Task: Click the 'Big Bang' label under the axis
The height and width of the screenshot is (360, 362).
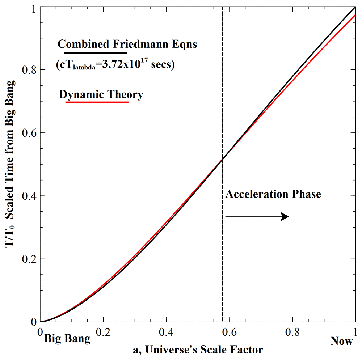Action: (x=67, y=340)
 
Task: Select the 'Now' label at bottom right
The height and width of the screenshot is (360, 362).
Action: (x=341, y=341)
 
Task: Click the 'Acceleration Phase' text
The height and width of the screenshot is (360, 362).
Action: (x=273, y=194)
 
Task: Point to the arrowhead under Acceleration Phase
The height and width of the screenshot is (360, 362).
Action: (x=285, y=216)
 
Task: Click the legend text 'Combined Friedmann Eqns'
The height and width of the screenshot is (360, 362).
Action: (x=127, y=45)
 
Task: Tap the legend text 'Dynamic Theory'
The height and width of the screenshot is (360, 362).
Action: (x=101, y=95)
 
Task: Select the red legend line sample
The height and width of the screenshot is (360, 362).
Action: (x=97, y=102)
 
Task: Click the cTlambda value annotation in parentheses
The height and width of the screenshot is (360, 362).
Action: (x=115, y=65)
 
